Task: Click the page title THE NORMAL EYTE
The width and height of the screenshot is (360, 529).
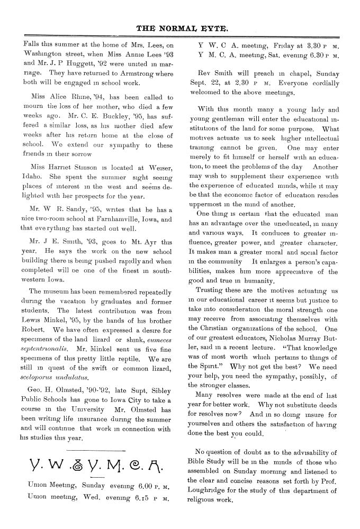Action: [181, 28]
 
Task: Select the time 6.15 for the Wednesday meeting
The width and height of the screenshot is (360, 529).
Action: [140, 496]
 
